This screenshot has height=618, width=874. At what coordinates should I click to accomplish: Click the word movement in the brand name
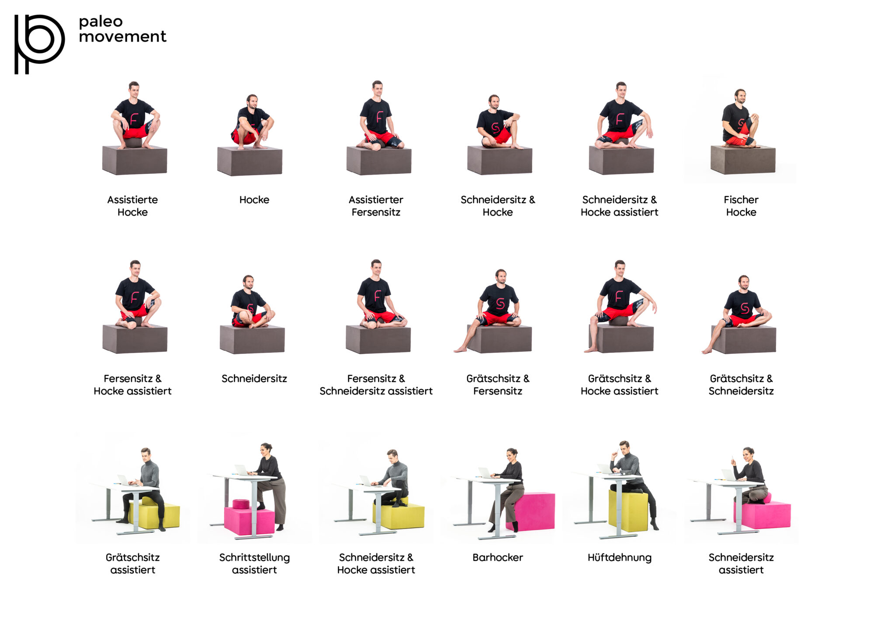point(122,37)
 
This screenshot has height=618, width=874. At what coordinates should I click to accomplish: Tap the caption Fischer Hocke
point(741,206)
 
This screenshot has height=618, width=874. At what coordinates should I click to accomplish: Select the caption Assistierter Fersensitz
point(376,206)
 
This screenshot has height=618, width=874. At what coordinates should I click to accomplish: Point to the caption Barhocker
point(497,557)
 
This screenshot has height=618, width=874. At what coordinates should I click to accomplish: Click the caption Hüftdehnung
point(619,557)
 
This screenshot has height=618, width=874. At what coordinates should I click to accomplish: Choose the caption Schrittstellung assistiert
point(254,563)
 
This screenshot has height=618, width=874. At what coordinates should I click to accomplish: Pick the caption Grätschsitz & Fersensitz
point(497,385)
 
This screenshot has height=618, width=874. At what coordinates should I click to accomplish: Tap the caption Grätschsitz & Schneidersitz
point(741,385)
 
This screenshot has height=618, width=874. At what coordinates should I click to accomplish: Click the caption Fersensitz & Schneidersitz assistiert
point(376,385)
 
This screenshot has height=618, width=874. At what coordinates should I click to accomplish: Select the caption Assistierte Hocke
point(132,206)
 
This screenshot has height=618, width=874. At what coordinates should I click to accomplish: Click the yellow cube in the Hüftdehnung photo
point(628,511)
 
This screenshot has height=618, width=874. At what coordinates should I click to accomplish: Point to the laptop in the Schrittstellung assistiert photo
point(241,470)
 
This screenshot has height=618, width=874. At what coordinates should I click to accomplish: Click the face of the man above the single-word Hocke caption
point(252,102)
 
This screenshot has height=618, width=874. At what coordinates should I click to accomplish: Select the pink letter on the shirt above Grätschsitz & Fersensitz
point(500,303)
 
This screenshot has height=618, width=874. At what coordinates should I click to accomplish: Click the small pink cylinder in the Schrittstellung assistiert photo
point(241,504)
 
